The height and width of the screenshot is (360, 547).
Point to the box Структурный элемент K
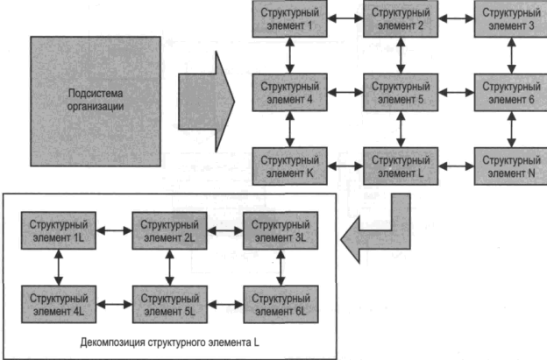click(x=289, y=166)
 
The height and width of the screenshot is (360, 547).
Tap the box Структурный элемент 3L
click(x=280, y=231)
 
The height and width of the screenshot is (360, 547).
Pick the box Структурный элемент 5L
click(x=169, y=303)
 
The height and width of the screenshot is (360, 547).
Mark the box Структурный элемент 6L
click(x=280, y=303)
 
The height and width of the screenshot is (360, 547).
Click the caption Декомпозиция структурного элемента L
click(x=169, y=342)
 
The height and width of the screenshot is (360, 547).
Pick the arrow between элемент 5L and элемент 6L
click(x=224, y=303)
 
